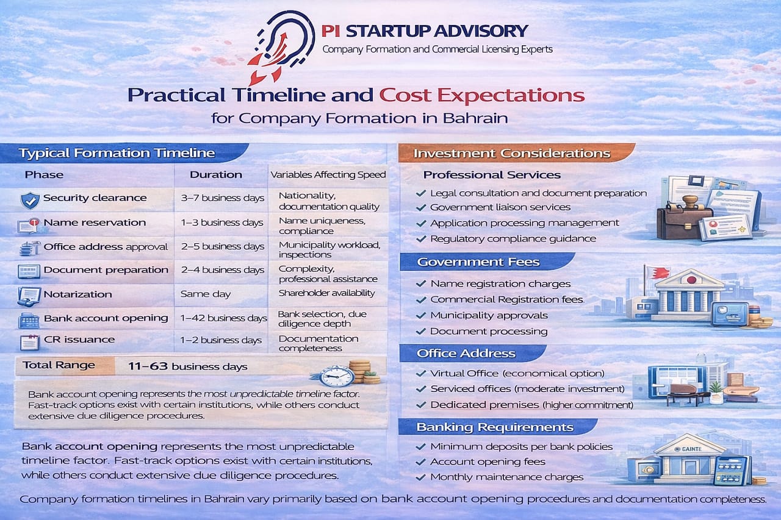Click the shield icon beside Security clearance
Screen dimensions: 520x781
pos(29,199)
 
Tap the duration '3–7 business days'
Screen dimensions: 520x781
pos(222,198)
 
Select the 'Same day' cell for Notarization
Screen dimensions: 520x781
pos(206,294)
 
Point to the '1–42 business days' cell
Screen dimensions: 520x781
pos(223,318)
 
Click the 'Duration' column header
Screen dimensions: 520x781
pos(215,174)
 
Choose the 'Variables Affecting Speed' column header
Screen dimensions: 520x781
pos(328,174)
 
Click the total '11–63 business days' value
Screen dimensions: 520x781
pos(188,366)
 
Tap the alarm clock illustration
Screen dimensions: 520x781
pos(333,375)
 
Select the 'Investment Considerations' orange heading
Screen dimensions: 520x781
pos(511,153)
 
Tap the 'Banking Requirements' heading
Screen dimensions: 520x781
pos(495,427)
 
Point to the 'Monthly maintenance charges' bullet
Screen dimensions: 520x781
pos(506,477)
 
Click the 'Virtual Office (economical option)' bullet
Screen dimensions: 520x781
pos(517,373)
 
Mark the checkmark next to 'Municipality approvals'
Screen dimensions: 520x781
pos(420,316)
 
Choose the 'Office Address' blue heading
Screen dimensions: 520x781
pos(466,354)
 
